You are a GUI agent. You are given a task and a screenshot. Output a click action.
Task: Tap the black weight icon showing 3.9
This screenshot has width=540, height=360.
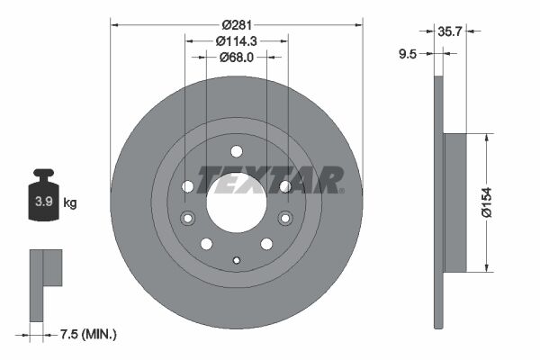coord(42,200)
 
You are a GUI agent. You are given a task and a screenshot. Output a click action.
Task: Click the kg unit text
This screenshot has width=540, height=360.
coord(69,203)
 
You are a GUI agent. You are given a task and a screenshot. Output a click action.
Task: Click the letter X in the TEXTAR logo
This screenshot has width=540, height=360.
coord(265,180)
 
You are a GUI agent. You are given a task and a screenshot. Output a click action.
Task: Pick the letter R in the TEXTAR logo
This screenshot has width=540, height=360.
coord(329,180)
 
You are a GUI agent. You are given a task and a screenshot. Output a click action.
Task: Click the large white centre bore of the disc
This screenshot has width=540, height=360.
coord(236,200)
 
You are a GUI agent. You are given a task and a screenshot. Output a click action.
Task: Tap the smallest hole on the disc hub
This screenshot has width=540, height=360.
coord(236,262)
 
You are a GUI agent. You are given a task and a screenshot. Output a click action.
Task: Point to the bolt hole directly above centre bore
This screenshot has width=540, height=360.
coord(236,151)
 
